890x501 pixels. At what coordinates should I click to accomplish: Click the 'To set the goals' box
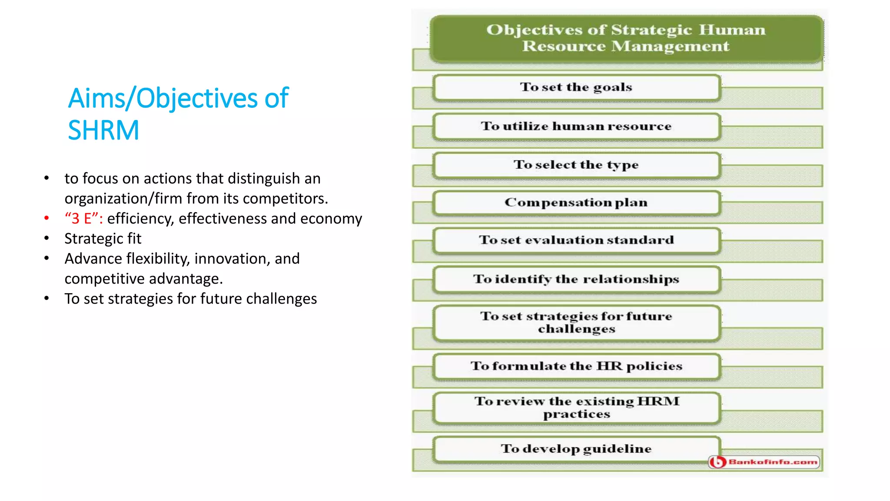(x=576, y=87)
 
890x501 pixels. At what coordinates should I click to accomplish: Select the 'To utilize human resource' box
(x=576, y=126)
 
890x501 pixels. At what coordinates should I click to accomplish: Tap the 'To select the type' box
(x=576, y=165)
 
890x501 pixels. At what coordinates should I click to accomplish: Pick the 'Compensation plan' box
(x=576, y=203)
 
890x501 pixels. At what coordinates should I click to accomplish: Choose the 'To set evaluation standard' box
(x=576, y=240)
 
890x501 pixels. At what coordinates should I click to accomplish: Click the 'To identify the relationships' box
(x=576, y=279)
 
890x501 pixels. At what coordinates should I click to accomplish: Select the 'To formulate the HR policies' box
(x=576, y=366)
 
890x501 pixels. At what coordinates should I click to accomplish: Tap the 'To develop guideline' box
(x=576, y=449)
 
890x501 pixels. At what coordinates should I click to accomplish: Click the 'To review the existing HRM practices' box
(x=576, y=407)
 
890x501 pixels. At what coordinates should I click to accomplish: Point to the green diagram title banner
(x=626, y=38)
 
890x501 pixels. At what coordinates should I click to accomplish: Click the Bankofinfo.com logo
(x=764, y=462)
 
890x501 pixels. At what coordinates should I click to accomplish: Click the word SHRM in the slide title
(x=103, y=130)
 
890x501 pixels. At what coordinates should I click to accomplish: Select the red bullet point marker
(x=46, y=218)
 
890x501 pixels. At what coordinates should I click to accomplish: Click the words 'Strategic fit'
(x=103, y=238)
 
